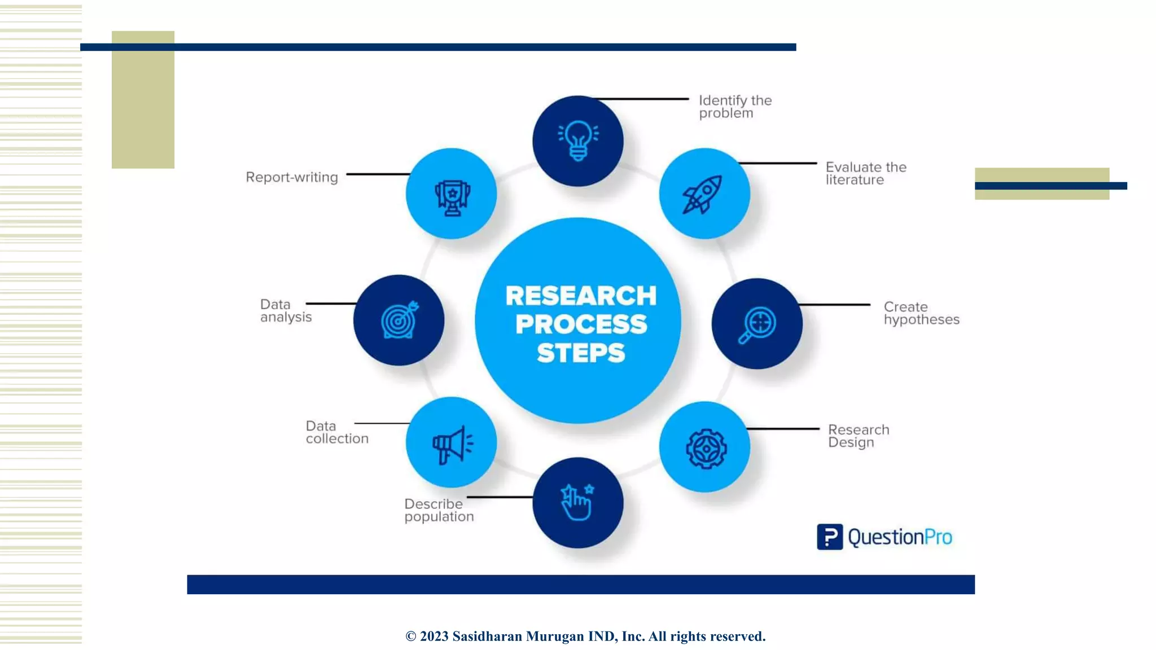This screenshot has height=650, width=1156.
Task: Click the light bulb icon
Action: pos(577,140)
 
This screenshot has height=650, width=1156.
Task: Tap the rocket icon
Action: pos(703,195)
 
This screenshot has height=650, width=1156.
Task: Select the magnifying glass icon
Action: pos(757,324)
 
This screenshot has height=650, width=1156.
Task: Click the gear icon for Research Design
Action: pos(706,449)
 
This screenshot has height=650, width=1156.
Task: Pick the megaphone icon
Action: pos(452,445)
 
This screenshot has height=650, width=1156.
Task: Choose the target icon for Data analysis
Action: pos(400,320)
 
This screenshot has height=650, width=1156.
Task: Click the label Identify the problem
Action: pos(735,107)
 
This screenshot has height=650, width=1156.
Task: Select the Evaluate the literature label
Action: pos(865,173)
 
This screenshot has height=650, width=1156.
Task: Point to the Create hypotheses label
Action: pos(921,313)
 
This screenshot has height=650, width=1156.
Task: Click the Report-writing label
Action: pos(292,177)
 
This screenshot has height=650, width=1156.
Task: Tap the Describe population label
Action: pos(439,510)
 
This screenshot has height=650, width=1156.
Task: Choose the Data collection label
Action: pos(337,432)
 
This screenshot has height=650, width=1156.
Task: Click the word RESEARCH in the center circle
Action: pos(581,296)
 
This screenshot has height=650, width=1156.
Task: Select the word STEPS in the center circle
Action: pos(581,353)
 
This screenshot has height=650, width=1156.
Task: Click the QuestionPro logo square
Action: pos(829,537)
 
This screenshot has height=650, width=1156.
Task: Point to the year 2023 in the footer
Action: pos(434,636)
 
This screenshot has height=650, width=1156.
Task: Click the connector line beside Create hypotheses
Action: pos(834,305)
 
